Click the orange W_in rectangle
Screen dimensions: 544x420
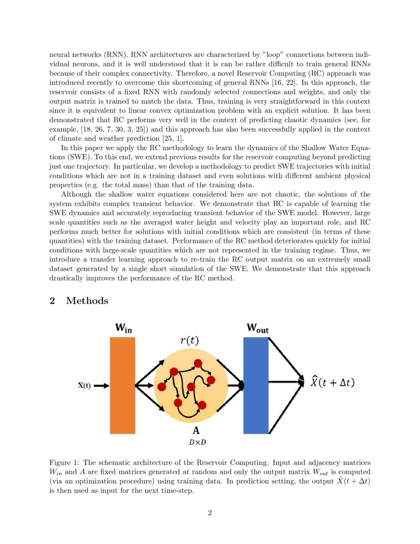pos(122,385)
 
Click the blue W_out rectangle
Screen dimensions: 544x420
pos(256,385)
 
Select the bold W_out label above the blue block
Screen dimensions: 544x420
pos(257,328)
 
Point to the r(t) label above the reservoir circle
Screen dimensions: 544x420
pos(190,341)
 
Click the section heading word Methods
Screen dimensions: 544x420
pos(87,301)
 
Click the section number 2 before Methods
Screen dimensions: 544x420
pos(52,301)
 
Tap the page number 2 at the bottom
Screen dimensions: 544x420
pos(210,513)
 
